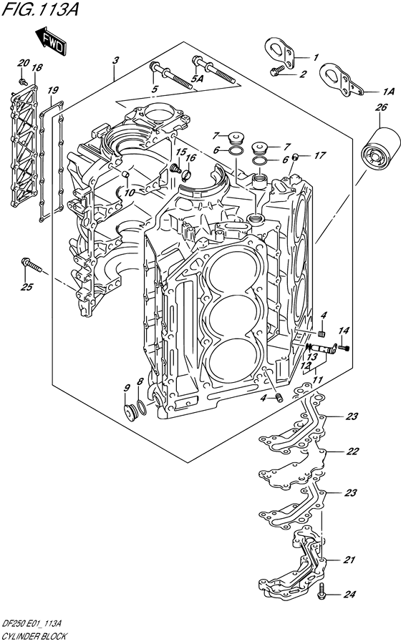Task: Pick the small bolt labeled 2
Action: click(x=276, y=72)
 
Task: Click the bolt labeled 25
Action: click(x=31, y=265)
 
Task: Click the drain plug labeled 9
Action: click(x=130, y=412)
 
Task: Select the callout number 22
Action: click(x=352, y=452)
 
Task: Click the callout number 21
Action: click(x=349, y=560)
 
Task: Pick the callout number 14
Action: click(x=345, y=330)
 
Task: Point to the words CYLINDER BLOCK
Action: click(x=34, y=635)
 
